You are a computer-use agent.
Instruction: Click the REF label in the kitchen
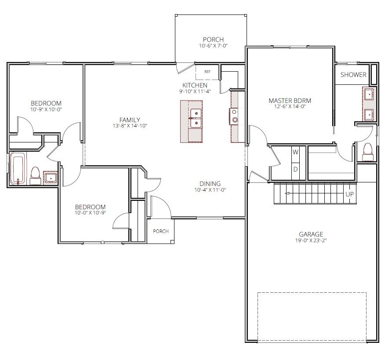[x=207, y=72]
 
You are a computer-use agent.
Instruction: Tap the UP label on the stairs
[x=349, y=194]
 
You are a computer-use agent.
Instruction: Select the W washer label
[x=295, y=152]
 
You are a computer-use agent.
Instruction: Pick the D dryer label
[x=295, y=169]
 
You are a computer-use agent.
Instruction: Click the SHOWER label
[x=353, y=74]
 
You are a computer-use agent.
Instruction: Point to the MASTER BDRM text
[x=290, y=101]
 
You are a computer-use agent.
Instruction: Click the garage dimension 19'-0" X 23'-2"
[x=311, y=240]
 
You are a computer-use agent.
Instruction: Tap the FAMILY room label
[x=130, y=120]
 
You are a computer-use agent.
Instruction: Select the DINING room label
[x=210, y=184]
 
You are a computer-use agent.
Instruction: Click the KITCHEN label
[x=195, y=85]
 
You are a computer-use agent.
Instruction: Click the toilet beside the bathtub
[x=35, y=176]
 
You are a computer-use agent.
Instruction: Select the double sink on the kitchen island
[x=196, y=118]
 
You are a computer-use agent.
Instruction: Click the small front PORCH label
[x=161, y=231]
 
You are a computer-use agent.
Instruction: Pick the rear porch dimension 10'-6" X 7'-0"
[x=213, y=46]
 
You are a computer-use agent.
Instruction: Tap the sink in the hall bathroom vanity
[x=51, y=178]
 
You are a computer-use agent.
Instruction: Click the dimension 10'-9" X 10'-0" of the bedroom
[x=46, y=109]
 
